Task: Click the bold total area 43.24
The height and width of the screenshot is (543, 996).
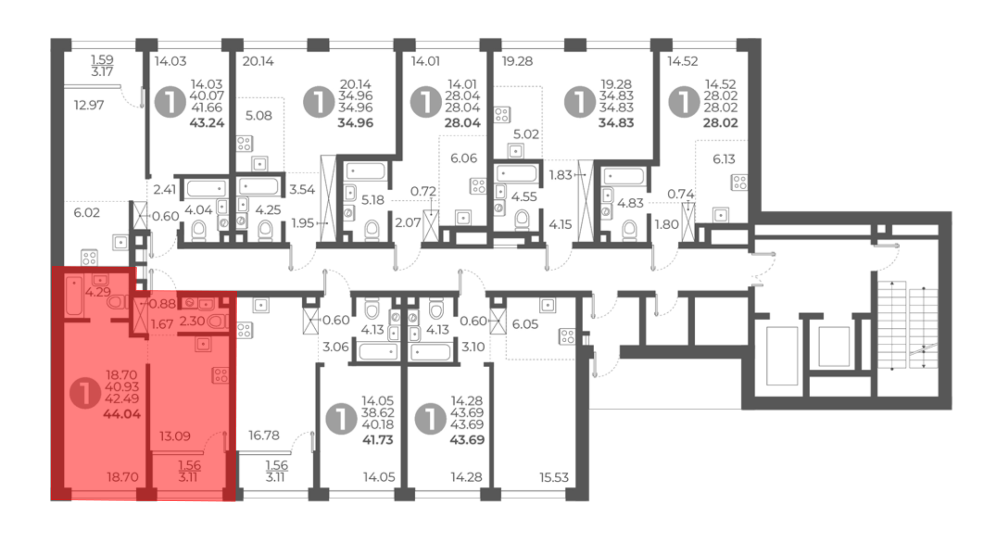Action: click(x=207, y=123)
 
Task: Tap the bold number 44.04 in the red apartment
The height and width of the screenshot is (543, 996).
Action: click(x=122, y=413)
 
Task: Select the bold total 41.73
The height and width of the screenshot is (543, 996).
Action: click(x=377, y=440)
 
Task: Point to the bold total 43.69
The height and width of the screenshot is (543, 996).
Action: click(x=467, y=440)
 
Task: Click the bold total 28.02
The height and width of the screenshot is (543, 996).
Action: click(x=720, y=123)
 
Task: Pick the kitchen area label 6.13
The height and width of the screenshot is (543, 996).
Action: click(x=724, y=159)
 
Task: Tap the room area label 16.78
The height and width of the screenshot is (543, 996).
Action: click(x=264, y=435)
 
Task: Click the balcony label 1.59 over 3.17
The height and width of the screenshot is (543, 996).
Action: click(x=102, y=65)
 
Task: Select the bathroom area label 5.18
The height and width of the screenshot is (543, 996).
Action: click(x=373, y=200)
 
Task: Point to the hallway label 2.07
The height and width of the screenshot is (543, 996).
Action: click(x=408, y=223)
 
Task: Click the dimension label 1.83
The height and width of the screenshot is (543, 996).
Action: click(x=561, y=175)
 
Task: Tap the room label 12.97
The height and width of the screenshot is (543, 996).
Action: click(x=89, y=105)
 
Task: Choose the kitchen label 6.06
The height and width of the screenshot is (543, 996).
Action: click(x=464, y=158)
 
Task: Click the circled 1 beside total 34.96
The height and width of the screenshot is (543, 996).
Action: click(x=319, y=102)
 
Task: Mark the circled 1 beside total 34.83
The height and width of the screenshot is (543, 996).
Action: click(x=580, y=102)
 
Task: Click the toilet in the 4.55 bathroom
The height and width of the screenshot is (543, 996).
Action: click(x=522, y=219)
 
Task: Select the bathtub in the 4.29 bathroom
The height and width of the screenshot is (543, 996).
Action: click(x=74, y=295)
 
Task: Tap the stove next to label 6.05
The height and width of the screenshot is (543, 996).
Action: click(x=567, y=336)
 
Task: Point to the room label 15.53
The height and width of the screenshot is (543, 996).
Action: click(x=554, y=477)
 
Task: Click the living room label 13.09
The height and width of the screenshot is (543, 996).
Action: click(x=175, y=436)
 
